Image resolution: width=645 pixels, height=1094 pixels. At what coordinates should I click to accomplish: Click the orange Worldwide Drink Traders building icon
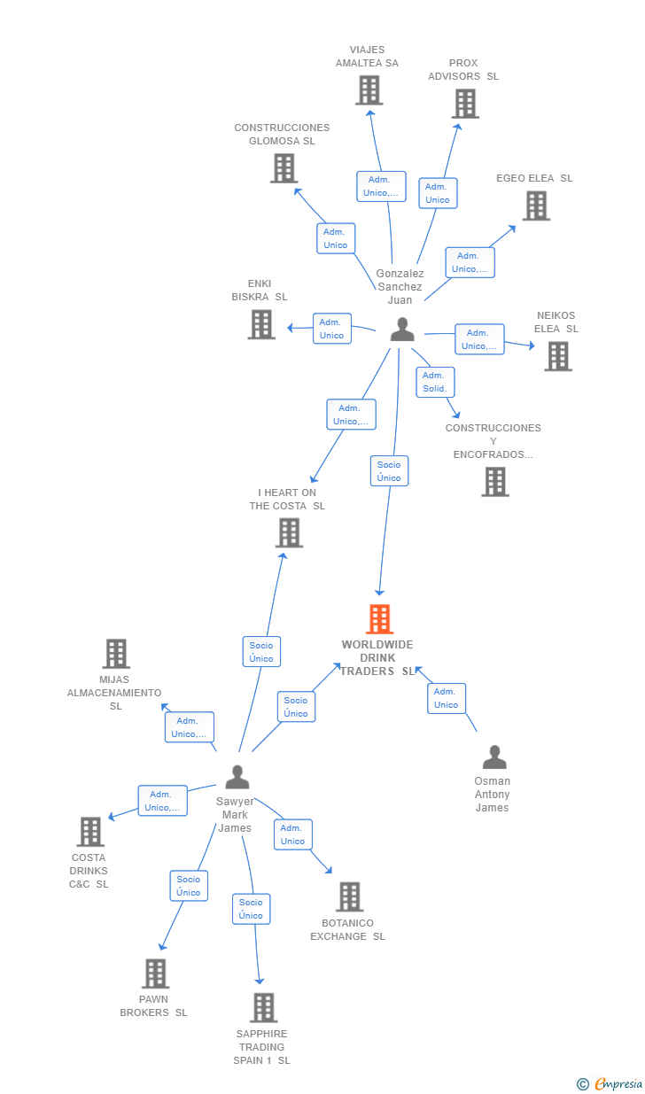coord(380,619)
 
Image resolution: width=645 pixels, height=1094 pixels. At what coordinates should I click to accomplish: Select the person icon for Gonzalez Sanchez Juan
coord(402,330)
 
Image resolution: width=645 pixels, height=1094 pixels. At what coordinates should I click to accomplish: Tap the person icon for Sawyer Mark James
coord(237,777)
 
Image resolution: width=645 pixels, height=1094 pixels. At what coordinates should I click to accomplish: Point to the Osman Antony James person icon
coord(494,757)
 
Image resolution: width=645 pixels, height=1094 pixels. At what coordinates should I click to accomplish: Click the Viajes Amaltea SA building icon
coord(369,90)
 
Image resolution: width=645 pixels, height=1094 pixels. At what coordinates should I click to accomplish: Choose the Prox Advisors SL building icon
coord(465,104)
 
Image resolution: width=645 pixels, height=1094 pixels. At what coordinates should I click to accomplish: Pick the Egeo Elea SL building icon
coord(537,206)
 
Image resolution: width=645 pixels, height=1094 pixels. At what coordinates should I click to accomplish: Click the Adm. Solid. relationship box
coord(435,382)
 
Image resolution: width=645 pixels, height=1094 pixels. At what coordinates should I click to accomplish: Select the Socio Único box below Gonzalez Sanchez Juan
coord(390,470)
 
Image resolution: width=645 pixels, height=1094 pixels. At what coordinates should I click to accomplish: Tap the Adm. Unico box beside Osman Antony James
coord(447,698)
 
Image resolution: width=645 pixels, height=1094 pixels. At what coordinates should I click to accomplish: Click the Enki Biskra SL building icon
coord(261,325)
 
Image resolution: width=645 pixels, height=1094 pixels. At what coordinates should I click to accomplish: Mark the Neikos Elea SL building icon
coord(558,356)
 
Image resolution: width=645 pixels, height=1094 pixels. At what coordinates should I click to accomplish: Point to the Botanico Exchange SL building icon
coord(349,896)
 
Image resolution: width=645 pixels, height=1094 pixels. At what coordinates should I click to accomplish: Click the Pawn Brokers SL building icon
coord(156,974)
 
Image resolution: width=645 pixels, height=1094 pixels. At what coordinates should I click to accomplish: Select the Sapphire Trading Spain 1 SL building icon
coord(264,1007)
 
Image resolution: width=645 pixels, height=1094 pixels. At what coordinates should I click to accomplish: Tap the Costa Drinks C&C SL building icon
coord(90,831)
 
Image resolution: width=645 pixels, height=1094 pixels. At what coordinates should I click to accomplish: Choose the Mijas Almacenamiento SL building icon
coord(116,654)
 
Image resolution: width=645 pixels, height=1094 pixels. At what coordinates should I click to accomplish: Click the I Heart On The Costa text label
coord(287,499)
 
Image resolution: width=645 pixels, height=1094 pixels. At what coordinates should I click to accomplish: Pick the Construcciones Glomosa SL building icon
coord(284,168)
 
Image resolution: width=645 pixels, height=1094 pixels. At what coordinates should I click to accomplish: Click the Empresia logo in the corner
coord(610,1083)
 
